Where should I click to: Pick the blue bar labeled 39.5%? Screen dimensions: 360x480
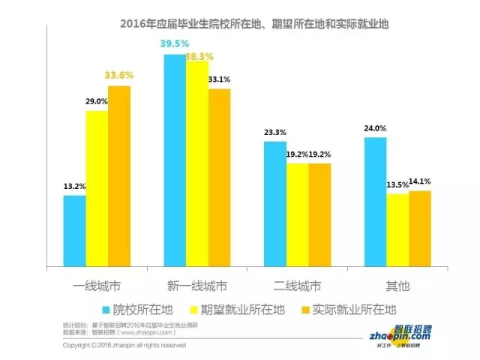(175, 159)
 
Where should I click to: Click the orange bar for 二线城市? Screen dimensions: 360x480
(319, 214)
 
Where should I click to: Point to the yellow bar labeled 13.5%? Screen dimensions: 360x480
(397, 229)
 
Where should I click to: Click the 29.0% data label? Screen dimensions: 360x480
(97, 101)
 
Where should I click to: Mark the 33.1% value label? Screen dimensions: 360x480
(220, 79)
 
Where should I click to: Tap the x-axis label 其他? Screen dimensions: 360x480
(397, 286)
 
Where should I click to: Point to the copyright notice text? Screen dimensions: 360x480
(124, 346)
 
